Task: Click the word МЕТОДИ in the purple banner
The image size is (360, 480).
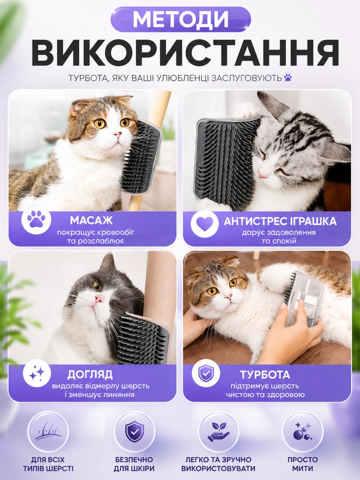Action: pyautogui.click(x=181, y=19)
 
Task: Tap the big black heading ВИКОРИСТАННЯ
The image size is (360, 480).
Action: pyautogui.click(x=185, y=53)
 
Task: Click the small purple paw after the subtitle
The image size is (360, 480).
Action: pyautogui.click(x=288, y=78)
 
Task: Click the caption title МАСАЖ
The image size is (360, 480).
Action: pyautogui.click(x=91, y=220)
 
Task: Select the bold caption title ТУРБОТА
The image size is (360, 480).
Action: pyautogui.click(x=265, y=375)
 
